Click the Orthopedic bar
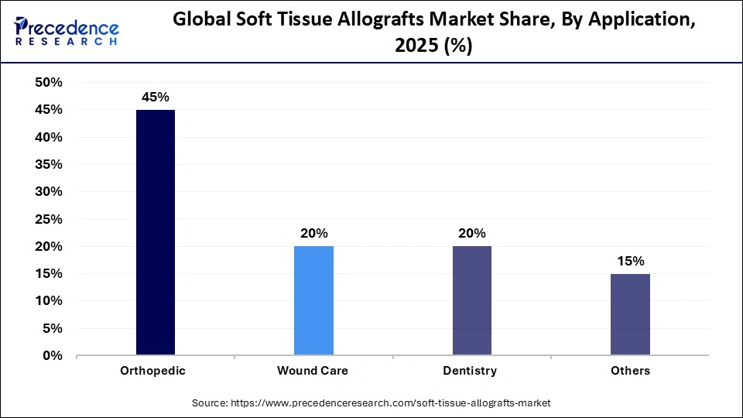155,232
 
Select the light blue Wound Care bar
313,301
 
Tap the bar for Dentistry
471,301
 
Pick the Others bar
630,314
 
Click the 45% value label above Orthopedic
155,98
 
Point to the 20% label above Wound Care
313,233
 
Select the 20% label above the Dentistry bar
471,233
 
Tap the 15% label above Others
630,261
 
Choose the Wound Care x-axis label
313,371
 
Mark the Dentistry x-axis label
470,371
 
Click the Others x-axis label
630,371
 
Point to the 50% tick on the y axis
49,83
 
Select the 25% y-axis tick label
49,219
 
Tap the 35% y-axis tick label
49,165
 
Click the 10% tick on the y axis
49,301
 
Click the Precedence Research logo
67,31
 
